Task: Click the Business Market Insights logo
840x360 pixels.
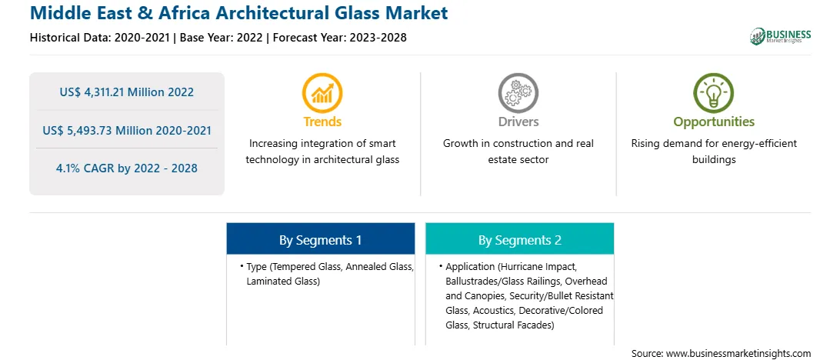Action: (781, 36)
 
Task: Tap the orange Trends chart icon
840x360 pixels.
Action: (322, 92)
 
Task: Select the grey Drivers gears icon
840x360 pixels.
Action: (518, 92)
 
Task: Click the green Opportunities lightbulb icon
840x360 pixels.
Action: (714, 92)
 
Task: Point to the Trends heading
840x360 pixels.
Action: (322, 122)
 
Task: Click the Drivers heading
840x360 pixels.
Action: (518, 122)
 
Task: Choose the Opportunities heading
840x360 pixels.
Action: (714, 122)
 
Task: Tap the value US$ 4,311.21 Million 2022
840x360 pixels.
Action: (127, 92)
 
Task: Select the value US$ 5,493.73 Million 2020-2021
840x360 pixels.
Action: (127, 130)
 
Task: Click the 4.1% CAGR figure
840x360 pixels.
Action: (127, 168)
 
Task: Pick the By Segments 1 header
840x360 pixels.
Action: (320, 240)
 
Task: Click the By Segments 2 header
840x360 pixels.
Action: (520, 240)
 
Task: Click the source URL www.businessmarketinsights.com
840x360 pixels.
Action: (738, 353)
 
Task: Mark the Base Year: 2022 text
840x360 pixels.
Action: (221, 38)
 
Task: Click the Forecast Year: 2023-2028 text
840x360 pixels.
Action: (340, 38)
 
